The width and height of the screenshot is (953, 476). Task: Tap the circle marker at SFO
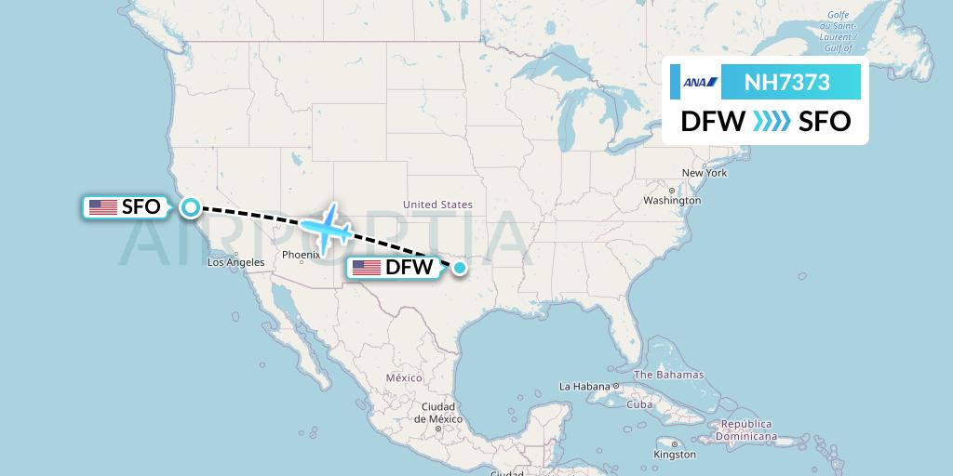(191, 206)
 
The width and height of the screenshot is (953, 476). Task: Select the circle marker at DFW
(459, 268)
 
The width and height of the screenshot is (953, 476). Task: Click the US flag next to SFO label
(102, 207)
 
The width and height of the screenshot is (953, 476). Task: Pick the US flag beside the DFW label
(367, 269)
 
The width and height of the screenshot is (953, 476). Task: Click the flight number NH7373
(787, 83)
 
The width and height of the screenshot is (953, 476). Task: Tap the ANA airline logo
(700, 83)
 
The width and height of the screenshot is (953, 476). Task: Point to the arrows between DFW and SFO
(772, 121)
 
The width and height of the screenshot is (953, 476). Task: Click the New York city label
(704, 173)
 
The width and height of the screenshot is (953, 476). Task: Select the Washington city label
(671, 201)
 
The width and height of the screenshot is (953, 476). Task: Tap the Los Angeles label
(235, 262)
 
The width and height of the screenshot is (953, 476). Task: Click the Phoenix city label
(301, 255)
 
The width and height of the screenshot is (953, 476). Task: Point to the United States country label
(437, 205)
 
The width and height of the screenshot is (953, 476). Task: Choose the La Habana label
(584, 386)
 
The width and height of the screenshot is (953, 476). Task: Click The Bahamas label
(668, 375)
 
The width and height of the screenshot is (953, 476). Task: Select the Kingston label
(674, 455)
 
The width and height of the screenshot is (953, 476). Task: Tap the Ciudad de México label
(437, 413)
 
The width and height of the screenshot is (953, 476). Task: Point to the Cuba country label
(639, 404)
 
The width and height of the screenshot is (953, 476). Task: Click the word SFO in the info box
(825, 121)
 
